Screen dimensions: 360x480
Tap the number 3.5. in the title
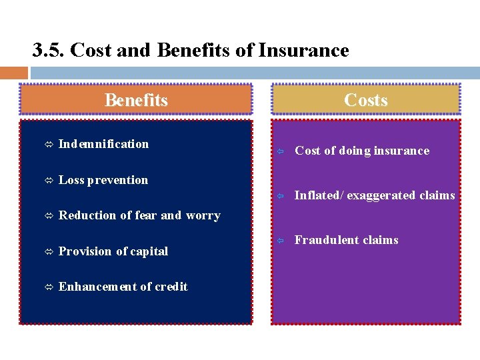49,50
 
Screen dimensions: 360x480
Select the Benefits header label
136,100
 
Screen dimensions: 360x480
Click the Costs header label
365,100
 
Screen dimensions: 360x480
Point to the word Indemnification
103,144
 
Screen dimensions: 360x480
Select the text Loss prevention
103,180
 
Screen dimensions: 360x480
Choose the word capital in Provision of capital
151,251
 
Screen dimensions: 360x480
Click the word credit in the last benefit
171,287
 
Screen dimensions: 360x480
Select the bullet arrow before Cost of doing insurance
281,151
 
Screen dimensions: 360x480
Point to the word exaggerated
381,195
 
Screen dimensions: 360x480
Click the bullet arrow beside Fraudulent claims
281,241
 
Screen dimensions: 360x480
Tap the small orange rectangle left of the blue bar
14,73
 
